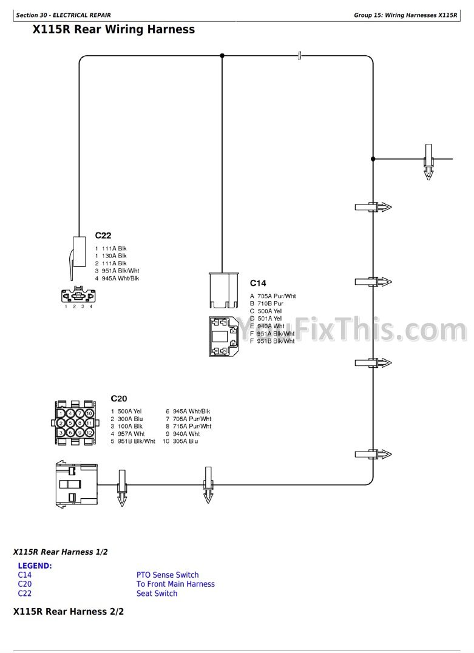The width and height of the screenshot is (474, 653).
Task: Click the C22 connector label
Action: point(103,235)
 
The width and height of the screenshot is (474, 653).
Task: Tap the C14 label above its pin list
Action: point(258,283)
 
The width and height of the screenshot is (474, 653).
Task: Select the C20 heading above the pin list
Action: point(118,399)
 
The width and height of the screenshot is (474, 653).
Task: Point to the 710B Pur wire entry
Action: point(270,303)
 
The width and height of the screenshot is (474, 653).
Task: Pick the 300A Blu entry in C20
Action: point(130,419)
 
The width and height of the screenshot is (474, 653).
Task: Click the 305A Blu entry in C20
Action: point(185,441)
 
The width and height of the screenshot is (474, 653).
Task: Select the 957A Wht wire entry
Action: point(130,434)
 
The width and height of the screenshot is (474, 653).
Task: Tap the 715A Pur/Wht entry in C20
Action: point(192,426)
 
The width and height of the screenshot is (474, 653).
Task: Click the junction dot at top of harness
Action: point(222,56)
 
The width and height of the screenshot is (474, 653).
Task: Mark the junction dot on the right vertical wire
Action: point(373,159)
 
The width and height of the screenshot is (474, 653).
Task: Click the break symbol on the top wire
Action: point(300,56)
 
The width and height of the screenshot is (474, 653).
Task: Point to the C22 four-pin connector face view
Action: point(78,295)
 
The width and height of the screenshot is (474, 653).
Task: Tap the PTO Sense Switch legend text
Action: point(168,575)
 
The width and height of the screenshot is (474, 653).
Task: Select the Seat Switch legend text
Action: point(157,594)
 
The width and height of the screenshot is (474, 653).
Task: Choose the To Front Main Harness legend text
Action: point(175,584)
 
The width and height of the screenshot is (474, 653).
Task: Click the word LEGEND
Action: point(35,566)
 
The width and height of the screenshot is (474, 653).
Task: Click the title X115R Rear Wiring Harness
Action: point(113,29)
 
